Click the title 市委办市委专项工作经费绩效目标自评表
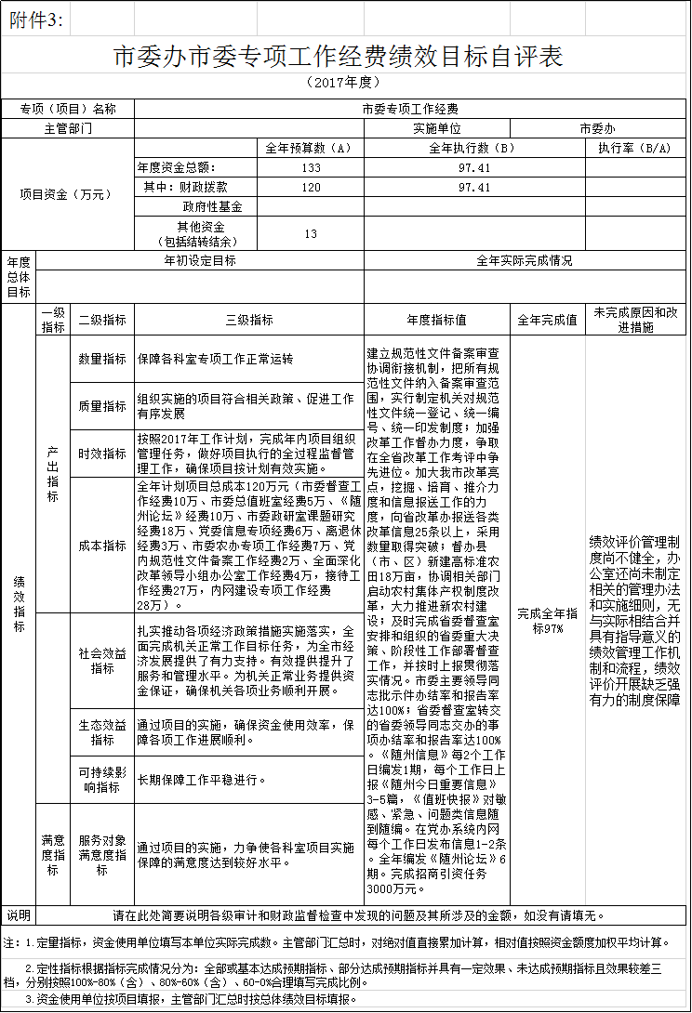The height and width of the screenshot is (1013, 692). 339,56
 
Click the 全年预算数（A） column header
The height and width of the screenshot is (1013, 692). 308,148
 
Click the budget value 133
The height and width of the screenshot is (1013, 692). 311,167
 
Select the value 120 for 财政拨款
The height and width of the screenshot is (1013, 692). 311,187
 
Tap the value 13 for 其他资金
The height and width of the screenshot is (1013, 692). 311,233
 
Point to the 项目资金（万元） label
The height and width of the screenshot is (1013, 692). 66,194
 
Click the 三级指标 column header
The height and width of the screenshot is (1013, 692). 249,320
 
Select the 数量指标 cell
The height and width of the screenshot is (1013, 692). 102,358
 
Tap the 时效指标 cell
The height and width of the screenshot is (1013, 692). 102,454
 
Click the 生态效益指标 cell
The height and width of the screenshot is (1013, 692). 102,732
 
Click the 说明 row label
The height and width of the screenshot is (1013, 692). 19,914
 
